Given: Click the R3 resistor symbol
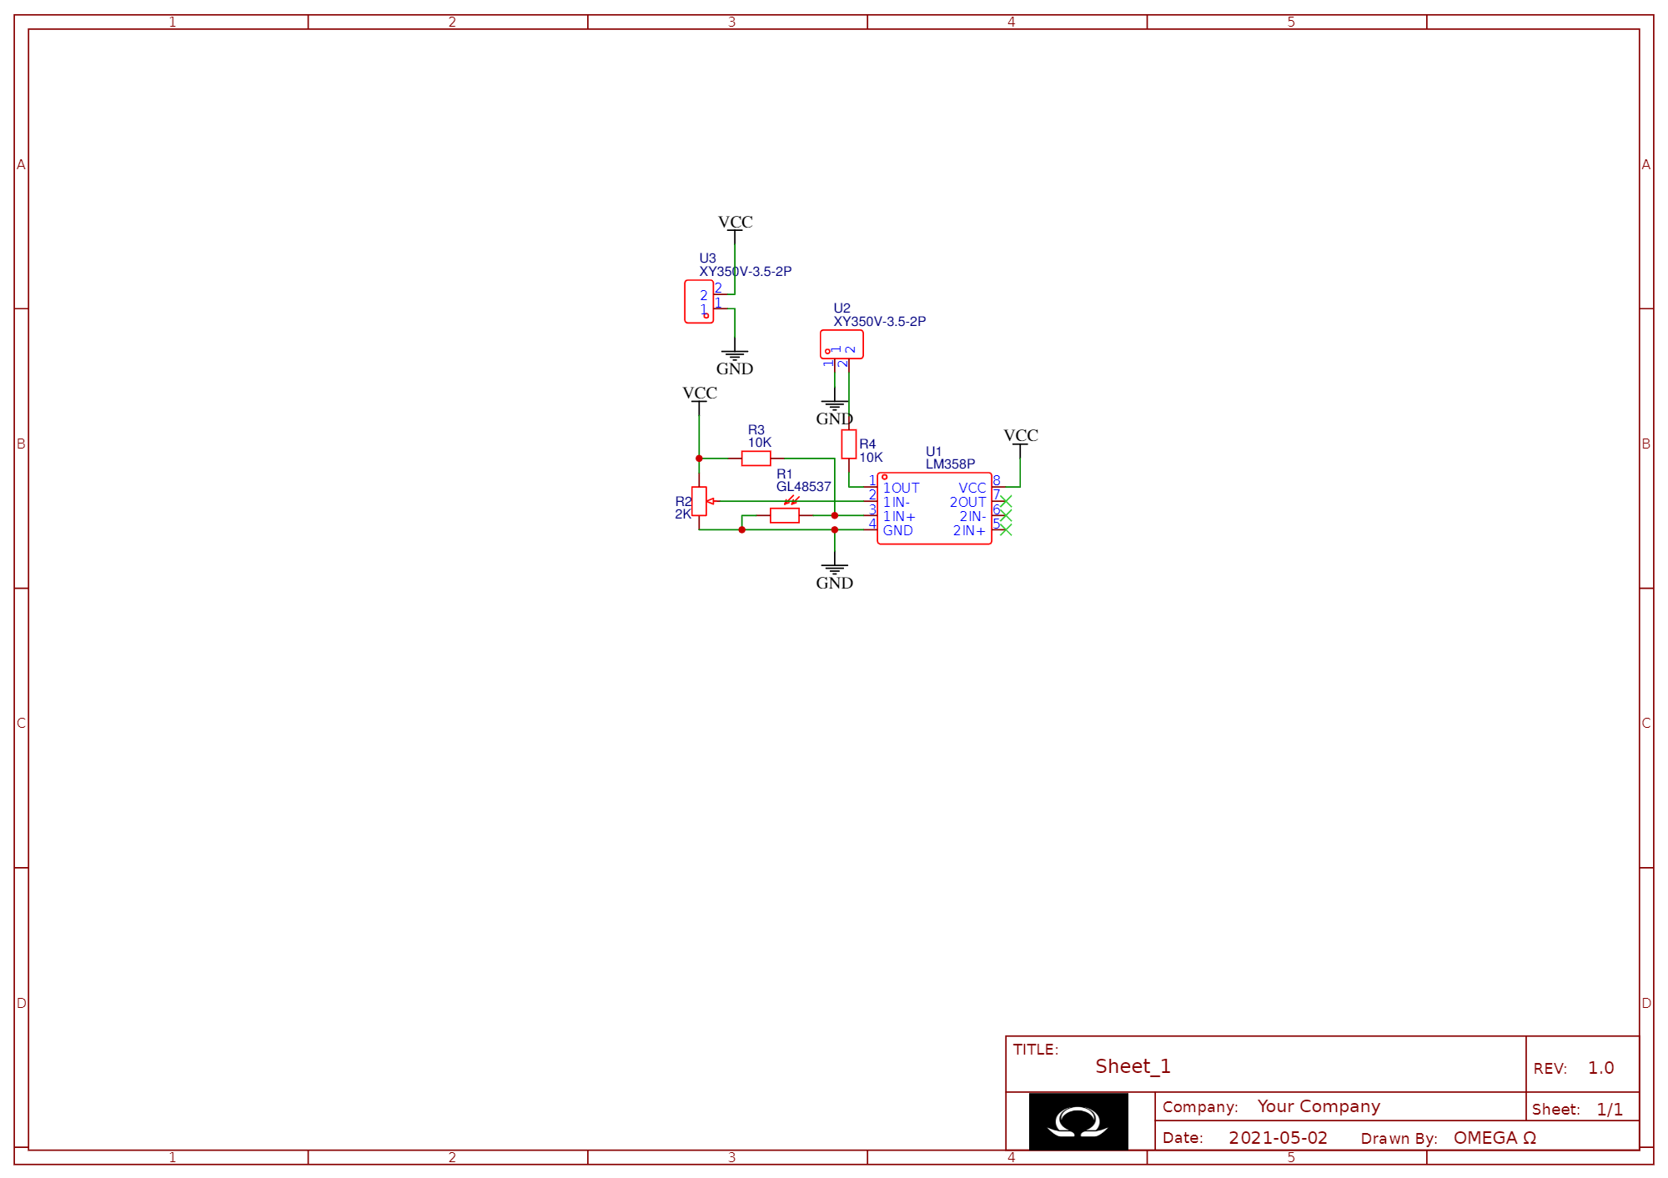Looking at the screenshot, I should click(756, 459).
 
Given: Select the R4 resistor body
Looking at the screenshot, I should click(848, 444).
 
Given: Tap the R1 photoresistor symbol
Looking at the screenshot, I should click(785, 515).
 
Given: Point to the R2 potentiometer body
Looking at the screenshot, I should click(699, 501).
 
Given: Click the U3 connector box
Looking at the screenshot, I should click(699, 302).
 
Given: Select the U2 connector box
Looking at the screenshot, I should click(842, 344).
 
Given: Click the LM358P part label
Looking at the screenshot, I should click(950, 464).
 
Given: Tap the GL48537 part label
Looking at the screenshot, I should click(803, 487).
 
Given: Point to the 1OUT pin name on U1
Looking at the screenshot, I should click(902, 489).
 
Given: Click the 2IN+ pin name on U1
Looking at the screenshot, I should click(969, 531).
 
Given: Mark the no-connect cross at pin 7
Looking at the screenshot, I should click(1006, 501).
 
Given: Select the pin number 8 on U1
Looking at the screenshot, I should click(997, 480).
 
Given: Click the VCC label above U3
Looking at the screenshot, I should click(735, 223).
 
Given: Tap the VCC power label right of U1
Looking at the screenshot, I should click(1021, 436).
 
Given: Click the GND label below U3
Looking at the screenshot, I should click(735, 368).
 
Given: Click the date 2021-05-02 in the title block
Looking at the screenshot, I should click(1278, 1138).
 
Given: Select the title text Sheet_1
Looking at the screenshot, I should click(1133, 1066).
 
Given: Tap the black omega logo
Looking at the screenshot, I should click(1078, 1122).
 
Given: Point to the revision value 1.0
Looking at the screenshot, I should click(1600, 1068).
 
